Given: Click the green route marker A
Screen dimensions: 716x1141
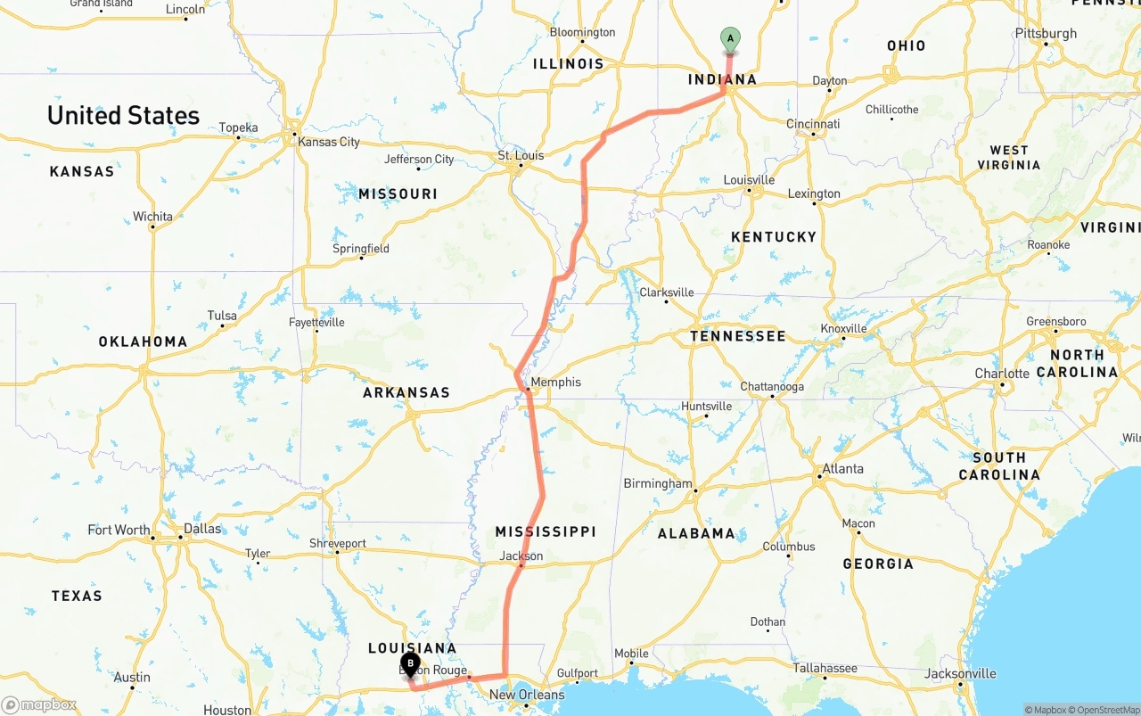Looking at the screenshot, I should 730,39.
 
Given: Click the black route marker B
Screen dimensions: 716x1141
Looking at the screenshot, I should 410,663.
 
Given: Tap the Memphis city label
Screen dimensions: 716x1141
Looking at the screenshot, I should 555,383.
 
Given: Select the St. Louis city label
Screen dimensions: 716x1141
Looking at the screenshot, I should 521,156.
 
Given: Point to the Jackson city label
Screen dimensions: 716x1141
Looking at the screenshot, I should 521,556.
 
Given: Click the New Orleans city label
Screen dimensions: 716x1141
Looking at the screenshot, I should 527,695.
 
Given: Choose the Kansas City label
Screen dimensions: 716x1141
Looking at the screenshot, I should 329,142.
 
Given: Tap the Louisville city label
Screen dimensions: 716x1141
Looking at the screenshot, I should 749,180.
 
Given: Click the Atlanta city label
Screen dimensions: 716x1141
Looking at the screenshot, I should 842,469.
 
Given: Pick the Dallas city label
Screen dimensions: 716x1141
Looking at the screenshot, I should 201,529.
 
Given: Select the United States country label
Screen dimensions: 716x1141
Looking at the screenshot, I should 123,115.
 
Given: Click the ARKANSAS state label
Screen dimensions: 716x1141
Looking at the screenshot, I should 406,392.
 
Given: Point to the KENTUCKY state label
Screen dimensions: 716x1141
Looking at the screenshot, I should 773,236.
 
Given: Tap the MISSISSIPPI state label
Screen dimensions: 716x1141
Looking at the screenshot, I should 546,531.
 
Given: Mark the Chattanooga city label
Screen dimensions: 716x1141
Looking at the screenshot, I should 772,387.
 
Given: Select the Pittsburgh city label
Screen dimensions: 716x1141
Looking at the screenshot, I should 1046,34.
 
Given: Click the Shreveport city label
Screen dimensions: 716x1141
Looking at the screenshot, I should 338,543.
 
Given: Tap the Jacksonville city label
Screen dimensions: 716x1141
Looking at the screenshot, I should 960,674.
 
